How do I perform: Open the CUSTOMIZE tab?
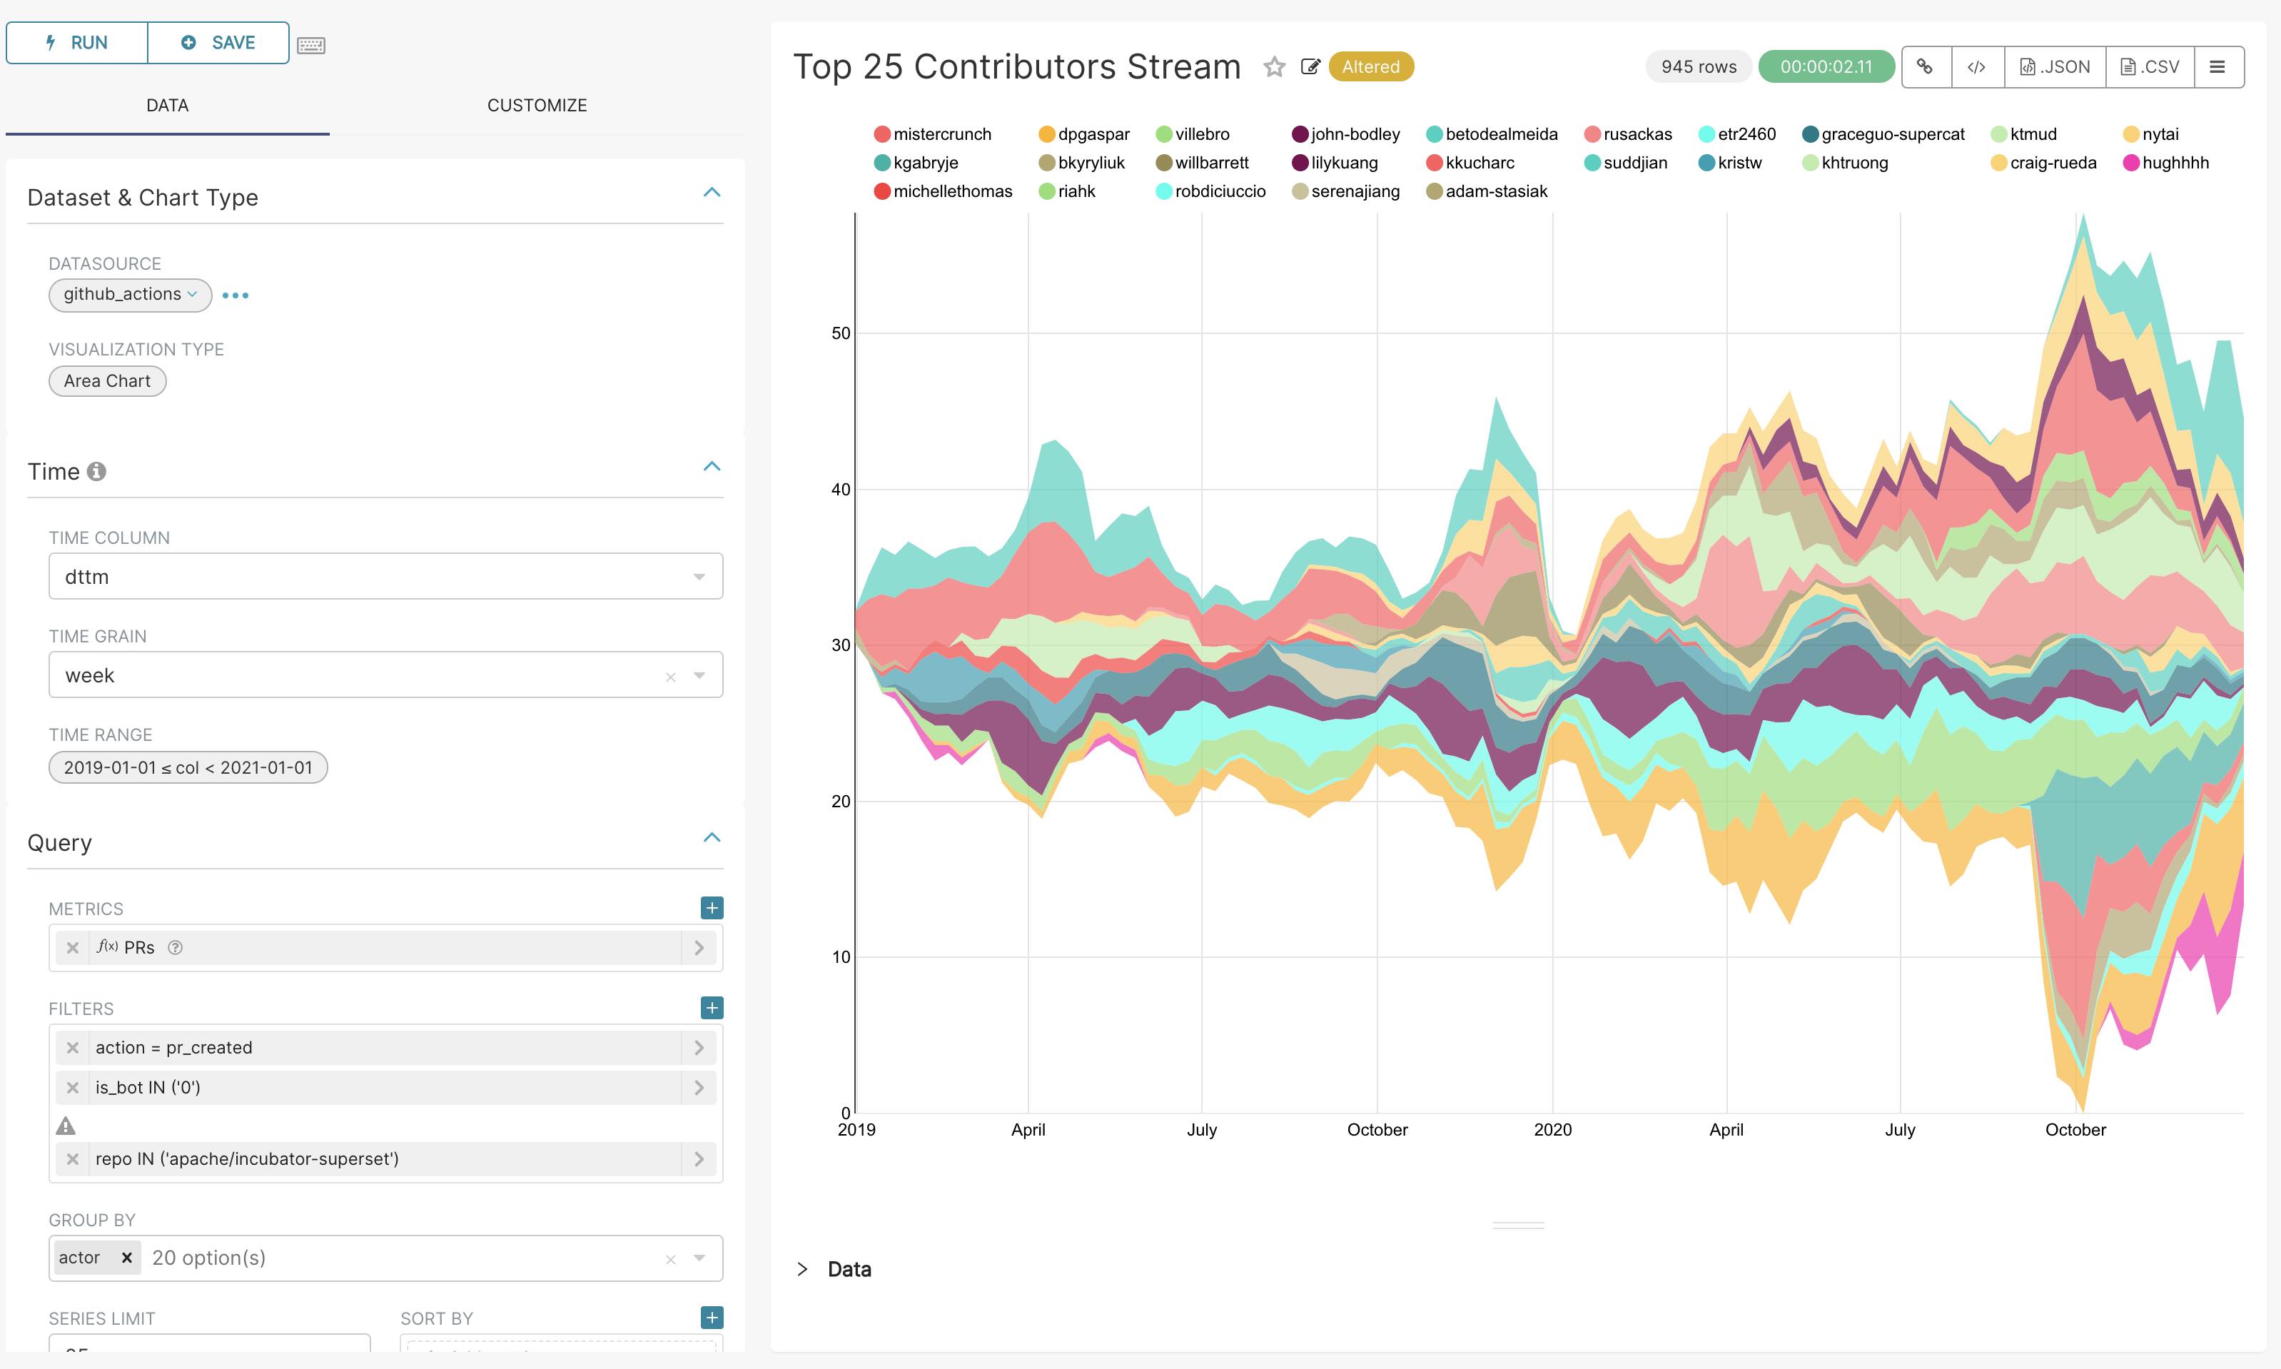pos(537,105)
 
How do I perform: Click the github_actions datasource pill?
pos(129,294)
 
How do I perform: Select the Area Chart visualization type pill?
pos(107,381)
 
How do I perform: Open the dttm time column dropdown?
pos(385,577)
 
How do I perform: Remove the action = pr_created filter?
pos(73,1048)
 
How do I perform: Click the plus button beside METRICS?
pos(711,908)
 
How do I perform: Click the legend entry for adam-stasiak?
pos(1494,192)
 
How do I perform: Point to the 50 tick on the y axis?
pos(840,333)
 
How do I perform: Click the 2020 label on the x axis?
pos(1552,1129)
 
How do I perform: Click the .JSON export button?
pos(2055,67)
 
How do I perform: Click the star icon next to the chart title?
pos(1274,67)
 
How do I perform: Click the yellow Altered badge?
pos(1370,67)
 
